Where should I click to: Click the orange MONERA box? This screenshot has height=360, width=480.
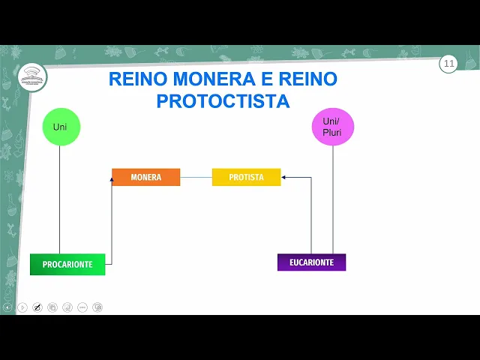[x=145, y=177]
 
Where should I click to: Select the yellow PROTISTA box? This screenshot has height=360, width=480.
[x=246, y=177]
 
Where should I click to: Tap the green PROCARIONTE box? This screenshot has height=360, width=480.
[x=67, y=264]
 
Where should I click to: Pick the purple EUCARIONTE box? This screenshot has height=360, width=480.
[x=311, y=262]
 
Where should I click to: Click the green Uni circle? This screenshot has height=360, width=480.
[x=61, y=127]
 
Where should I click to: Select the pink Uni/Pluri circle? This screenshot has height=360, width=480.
[x=332, y=127]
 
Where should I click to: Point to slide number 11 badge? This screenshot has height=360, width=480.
[x=449, y=64]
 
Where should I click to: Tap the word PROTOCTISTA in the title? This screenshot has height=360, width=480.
[x=223, y=101]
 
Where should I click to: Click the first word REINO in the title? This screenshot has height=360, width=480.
[x=136, y=79]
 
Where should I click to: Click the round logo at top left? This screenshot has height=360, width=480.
[x=32, y=76]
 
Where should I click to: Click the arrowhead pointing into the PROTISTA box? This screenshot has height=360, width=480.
[x=285, y=178]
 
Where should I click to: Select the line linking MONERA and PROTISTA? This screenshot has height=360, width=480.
[x=196, y=178]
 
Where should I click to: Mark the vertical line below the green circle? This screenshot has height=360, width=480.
[x=60, y=199]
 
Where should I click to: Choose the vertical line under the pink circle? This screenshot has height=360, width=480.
[x=332, y=199]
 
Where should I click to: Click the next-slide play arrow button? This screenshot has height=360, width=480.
[x=22, y=307]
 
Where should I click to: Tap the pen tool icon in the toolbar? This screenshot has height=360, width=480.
[x=37, y=307]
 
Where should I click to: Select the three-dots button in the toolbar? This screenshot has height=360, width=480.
[x=82, y=307]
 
